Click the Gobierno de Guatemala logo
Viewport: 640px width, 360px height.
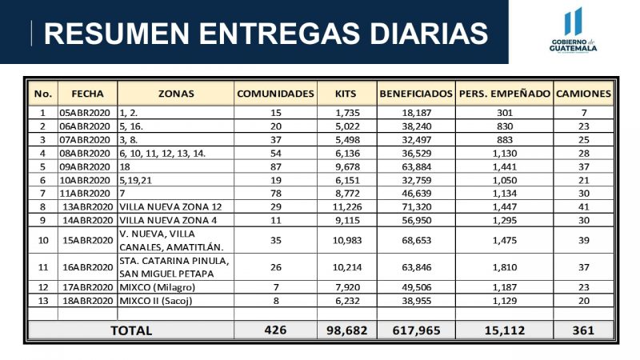coord(573,30)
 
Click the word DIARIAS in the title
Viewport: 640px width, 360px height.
coord(429,33)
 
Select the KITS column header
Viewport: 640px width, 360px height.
coord(346,94)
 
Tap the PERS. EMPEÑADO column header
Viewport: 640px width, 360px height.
coord(505,94)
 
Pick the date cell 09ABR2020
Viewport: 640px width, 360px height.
coord(85,167)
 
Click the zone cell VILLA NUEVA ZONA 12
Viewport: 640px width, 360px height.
coord(170,207)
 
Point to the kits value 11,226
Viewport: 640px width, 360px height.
coord(347,207)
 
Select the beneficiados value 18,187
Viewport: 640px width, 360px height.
coord(416,113)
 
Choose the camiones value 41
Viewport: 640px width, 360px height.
coord(584,207)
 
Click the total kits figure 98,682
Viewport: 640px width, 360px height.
coord(347,330)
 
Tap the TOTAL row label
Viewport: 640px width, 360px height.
coord(131,330)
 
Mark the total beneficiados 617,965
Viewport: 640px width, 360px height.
coord(416,330)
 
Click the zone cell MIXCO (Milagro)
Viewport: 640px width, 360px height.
coord(157,287)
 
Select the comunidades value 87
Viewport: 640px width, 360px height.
coord(276,167)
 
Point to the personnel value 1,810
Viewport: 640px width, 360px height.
coord(505,267)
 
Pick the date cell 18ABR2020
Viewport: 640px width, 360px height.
coord(88,301)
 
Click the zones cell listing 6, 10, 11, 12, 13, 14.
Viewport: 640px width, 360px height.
coord(162,154)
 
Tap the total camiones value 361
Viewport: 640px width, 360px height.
coord(583,330)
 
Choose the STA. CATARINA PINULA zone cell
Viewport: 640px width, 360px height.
coord(174,267)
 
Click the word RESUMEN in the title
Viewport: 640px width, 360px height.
coord(117,33)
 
